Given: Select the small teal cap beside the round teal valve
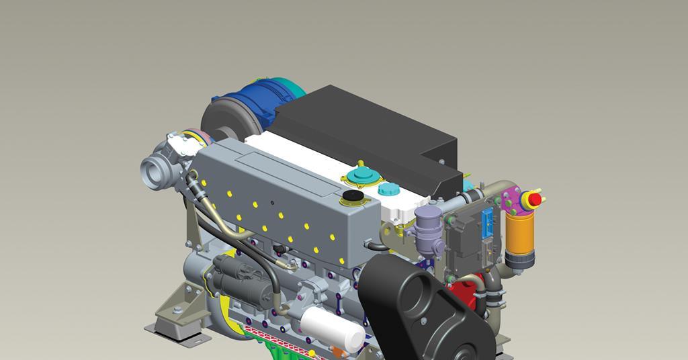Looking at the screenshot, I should (x=388, y=189).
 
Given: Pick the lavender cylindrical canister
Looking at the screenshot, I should (x=426, y=226).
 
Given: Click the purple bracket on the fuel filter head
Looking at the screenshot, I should (x=513, y=199).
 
